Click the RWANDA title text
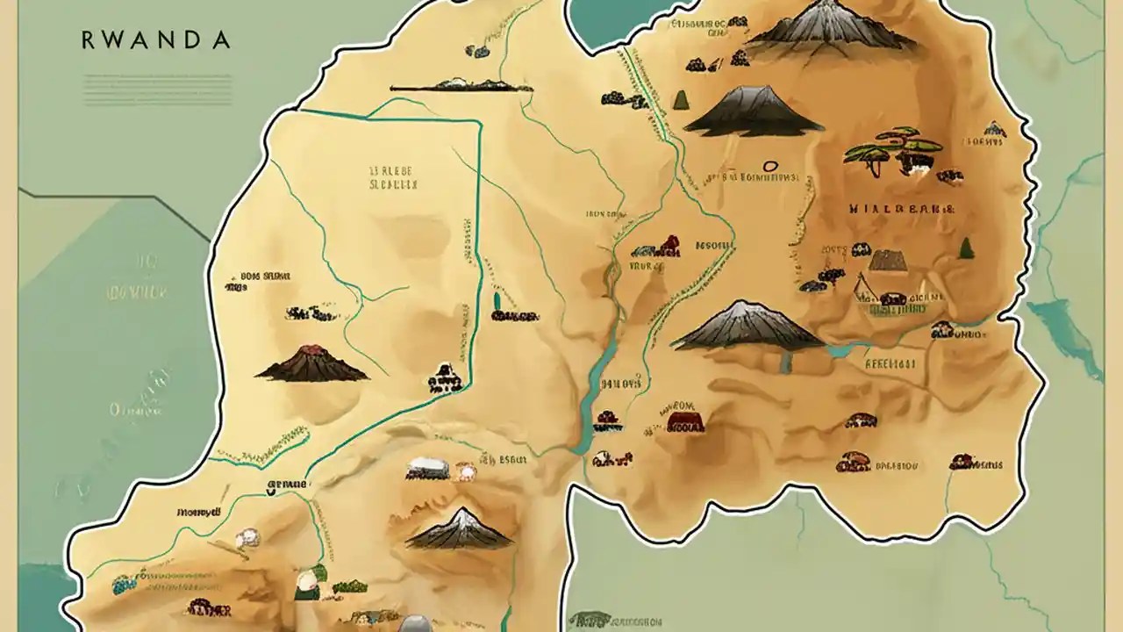pos(155,40)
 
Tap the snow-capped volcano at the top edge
pos(830,27)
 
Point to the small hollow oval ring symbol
pos(771,165)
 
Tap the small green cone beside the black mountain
pos(680,99)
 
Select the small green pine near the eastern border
pos(966,248)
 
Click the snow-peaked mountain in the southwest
pos(460,528)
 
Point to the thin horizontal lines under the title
pos(157,89)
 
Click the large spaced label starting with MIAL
pos(901,210)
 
